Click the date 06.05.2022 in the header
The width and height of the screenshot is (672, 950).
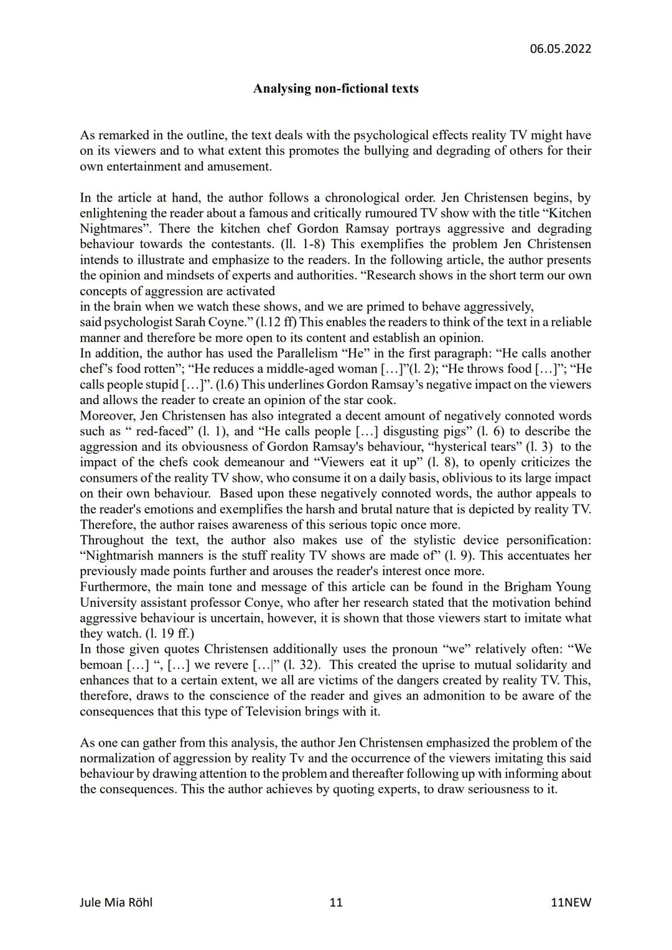[x=560, y=48]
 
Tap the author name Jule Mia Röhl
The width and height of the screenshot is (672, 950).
[x=116, y=902]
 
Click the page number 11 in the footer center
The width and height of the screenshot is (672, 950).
[x=335, y=902]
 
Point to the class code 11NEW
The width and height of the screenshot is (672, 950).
[x=571, y=902]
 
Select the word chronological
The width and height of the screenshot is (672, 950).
[x=350, y=198]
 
